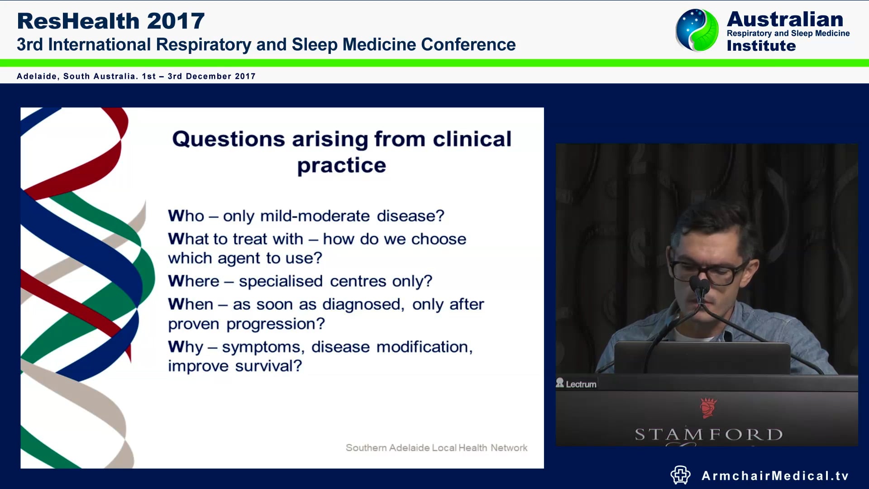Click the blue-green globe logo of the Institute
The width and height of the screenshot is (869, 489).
point(697,30)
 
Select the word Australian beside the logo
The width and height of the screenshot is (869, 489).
point(785,19)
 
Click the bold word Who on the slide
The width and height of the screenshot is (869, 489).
point(186,216)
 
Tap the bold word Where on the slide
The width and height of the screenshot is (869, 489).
point(193,281)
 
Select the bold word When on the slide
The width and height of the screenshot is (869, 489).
point(190,304)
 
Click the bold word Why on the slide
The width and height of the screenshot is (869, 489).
point(185,347)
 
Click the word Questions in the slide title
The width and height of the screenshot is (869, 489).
point(228,139)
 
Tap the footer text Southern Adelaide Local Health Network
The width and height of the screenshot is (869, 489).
point(436,448)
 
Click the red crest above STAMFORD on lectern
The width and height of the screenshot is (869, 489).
point(708,407)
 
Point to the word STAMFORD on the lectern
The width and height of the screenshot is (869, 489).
point(708,435)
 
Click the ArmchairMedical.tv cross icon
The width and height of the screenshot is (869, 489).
point(680,475)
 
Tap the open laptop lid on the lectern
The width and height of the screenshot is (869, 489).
point(702,358)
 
